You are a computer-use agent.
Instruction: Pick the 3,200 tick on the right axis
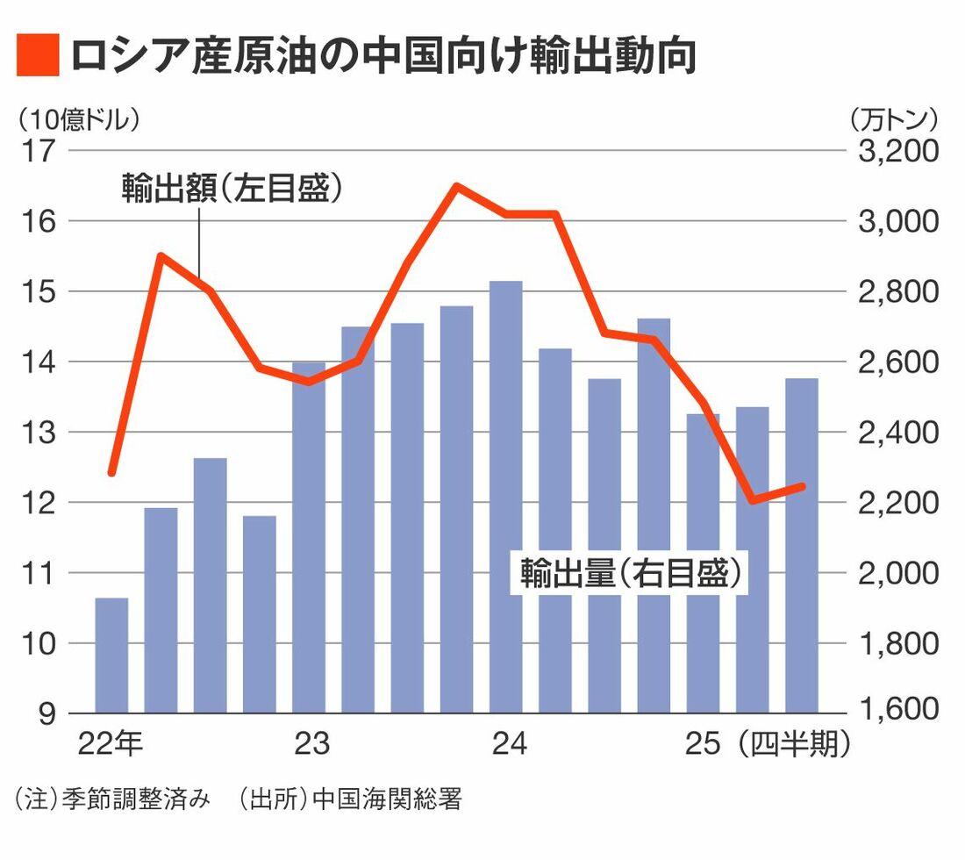click(x=897, y=151)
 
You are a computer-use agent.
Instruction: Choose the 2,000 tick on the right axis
click(x=897, y=573)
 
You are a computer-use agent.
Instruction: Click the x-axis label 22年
click(x=111, y=745)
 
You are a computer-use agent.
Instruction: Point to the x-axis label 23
click(x=311, y=745)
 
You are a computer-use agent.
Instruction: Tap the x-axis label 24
click(x=509, y=745)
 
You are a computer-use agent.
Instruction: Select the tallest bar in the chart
click(x=506, y=496)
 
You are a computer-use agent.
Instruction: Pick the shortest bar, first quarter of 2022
click(x=111, y=655)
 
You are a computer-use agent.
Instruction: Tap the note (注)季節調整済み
click(x=112, y=800)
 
